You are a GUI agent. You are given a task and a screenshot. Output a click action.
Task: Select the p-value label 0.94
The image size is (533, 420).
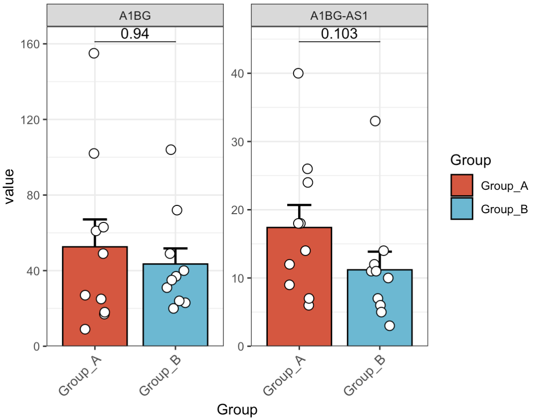point(135,33)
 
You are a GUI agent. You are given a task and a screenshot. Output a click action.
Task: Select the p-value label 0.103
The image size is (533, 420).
point(339,33)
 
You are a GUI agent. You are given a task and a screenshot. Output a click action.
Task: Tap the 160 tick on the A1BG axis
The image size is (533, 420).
point(31,44)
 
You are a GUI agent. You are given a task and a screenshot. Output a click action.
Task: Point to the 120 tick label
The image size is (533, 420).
point(31,120)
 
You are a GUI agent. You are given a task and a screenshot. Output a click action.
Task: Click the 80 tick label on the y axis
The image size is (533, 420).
point(33,195)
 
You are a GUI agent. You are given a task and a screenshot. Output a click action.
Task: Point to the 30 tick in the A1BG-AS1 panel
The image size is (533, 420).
point(238,142)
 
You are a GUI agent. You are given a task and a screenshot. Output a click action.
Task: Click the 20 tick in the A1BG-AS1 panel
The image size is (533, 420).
point(238,210)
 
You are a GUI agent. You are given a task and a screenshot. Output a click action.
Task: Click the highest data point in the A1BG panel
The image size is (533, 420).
point(94,53)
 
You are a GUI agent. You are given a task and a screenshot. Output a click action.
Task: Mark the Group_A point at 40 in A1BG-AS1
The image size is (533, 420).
point(298,73)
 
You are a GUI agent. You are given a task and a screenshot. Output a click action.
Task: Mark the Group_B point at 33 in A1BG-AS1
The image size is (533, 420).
point(375,121)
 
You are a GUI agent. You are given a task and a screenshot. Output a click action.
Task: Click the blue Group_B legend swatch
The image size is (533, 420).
point(461,209)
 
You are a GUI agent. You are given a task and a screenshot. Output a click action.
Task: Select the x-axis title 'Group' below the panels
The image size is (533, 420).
point(237,409)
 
